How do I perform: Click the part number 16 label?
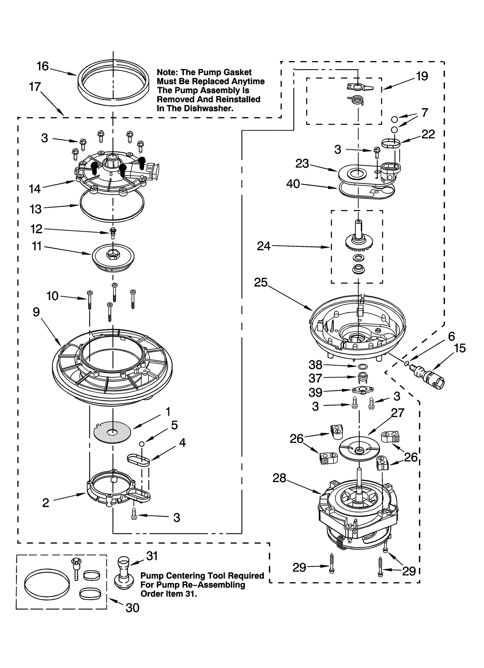(x=43, y=66)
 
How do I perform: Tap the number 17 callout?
(x=35, y=87)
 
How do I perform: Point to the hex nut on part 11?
(x=111, y=255)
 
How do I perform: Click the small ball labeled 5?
(x=141, y=444)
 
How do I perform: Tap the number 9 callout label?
(x=36, y=312)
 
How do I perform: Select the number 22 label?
(x=428, y=134)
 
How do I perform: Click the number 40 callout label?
(x=293, y=184)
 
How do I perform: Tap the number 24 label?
(x=263, y=246)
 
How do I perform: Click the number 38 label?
(x=315, y=365)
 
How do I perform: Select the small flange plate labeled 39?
(x=362, y=390)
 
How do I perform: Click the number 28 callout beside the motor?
(x=279, y=478)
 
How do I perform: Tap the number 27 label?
(x=397, y=412)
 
